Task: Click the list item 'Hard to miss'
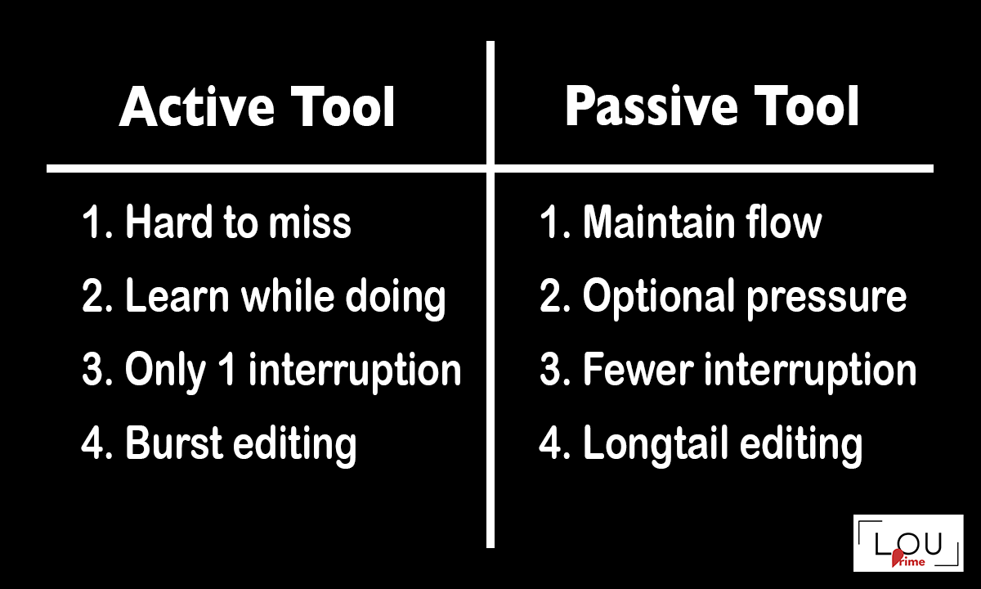[x=237, y=223]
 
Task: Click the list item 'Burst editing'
[x=240, y=444]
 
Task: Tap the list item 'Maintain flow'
[x=701, y=223]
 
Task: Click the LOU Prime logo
[x=908, y=543]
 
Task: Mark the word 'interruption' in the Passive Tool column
[x=809, y=371]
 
